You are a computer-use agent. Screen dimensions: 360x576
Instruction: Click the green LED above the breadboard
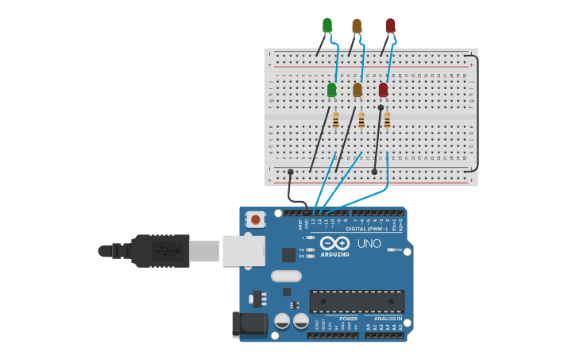[x=327, y=25]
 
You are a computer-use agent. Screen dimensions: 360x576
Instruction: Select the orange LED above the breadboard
[x=357, y=26]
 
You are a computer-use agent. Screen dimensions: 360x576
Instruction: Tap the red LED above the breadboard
[x=390, y=26]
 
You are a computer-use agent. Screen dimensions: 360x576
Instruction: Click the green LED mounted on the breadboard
[x=331, y=90]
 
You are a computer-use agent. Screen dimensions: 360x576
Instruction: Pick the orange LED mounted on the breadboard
[x=358, y=90]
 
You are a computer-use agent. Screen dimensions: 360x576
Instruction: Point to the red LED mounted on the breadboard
[x=384, y=90]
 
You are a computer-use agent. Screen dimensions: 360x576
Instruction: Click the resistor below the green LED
[x=335, y=121]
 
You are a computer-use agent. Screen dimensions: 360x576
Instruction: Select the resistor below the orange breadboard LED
[x=361, y=121]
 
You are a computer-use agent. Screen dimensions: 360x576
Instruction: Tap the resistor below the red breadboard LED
[x=387, y=121]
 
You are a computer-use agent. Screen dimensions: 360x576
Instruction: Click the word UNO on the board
[x=369, y=244]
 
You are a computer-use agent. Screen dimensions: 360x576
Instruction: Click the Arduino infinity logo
[x=335, y=243]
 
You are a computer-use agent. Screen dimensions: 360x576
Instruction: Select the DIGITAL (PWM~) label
[x=366, y=229]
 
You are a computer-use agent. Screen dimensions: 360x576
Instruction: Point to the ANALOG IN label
[x=388, y=319]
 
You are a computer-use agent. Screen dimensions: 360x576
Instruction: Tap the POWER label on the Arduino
[x=348, y=319]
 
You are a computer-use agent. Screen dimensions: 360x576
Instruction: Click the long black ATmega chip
[x=357, y=301]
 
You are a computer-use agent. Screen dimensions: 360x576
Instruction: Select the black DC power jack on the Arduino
[x=249, y=323]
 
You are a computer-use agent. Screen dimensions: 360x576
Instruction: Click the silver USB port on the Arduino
[x=242, y=250]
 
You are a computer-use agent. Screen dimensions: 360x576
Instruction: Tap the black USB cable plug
[x=160, y=250]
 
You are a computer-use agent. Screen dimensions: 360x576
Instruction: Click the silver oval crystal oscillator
[x=286, y=277]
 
